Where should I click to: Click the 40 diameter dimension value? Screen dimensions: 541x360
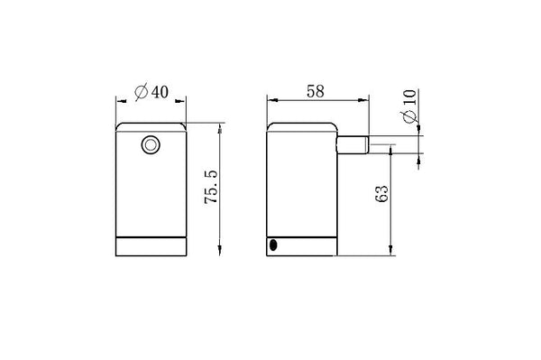(x=160, y=92)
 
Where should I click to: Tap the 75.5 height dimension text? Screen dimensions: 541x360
(x=211, y=187)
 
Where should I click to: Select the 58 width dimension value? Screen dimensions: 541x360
(x=316, y=91)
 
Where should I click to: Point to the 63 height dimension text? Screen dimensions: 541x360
(x=381, y=194)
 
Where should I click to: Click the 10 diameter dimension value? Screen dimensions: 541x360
(x=409, y=97)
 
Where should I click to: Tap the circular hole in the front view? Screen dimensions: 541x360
(x=151, y=145)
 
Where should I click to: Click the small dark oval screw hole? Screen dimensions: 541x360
(x=273, y=245)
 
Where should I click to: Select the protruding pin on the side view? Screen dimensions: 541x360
(x=353, y=144)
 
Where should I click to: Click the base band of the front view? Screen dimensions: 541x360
(x=151, y=246)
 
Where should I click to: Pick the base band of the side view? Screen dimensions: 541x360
(x=302, y=246)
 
